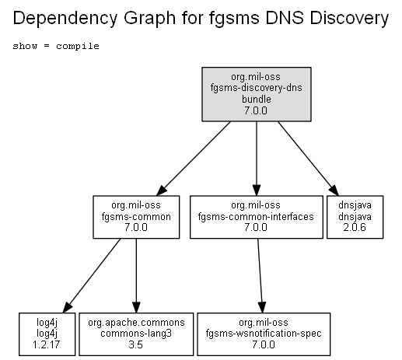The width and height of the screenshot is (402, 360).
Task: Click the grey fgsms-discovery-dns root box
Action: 257,94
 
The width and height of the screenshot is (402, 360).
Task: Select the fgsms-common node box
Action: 136,217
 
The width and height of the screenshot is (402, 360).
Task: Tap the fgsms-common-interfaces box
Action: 257,217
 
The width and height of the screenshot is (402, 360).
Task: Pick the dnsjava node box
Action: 355,217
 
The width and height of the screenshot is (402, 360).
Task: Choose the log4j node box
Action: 47,334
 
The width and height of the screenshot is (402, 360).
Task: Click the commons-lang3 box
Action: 136,334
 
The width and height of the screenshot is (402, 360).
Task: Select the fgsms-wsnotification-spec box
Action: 264,334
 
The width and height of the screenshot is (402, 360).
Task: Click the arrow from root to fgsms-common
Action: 194,159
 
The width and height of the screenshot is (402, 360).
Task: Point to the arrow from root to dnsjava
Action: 308,159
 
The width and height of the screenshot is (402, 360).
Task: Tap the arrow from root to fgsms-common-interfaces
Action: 257,159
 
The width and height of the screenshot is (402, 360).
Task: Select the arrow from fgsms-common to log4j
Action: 92,275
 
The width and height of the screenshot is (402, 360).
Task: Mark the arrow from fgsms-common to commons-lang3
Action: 136,275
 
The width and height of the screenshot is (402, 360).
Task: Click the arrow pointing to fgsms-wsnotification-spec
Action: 260,275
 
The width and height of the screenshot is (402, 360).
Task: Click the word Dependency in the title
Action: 65,18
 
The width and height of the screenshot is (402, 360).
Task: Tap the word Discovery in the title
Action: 349,18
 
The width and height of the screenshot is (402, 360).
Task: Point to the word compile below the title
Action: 78,46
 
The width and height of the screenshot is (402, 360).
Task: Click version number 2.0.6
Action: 355,227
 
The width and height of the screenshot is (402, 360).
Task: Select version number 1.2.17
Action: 47,344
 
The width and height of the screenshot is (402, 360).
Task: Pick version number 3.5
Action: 135,344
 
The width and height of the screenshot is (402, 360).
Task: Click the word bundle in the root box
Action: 257,99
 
